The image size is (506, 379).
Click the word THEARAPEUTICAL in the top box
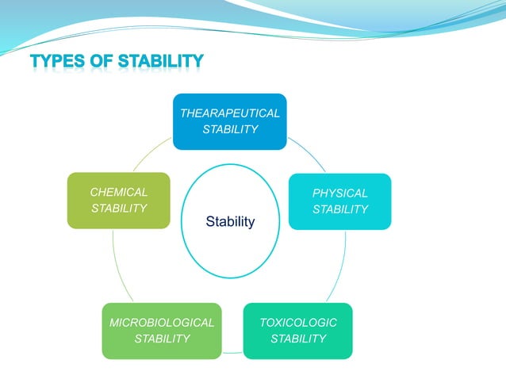pos(229,113)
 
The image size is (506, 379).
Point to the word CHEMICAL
pos(119,192)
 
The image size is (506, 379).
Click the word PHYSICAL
pos(339,193)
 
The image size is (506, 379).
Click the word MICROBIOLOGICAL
pos(162,323)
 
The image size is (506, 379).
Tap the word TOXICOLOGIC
pos(298,322)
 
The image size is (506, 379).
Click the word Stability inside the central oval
pos(230,222)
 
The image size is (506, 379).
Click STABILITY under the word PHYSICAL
pos(339,209)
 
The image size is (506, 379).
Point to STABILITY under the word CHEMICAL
pos(119,209)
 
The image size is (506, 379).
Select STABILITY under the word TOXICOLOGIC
pos(298,339)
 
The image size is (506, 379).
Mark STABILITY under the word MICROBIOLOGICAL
pos(162,339)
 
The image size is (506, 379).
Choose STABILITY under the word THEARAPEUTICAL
pos(229,129)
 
